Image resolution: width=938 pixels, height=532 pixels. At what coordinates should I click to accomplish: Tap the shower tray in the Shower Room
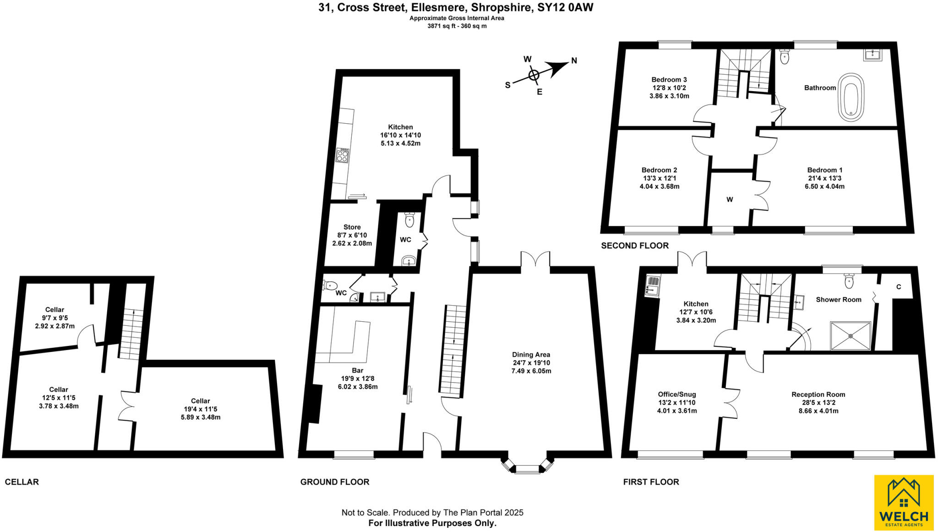(x=851, y=335)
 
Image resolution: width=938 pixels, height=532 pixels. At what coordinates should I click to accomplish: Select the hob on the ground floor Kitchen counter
(x=342, y=155)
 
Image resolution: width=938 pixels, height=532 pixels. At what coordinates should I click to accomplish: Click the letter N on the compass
(x=574, y=60)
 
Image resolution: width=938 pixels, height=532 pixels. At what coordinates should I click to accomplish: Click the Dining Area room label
(x=531, y=354)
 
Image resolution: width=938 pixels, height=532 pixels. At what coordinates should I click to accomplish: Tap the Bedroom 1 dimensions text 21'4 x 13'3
(x=824, y=178)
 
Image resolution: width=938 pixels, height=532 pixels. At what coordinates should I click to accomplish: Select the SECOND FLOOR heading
(x=634, y=246)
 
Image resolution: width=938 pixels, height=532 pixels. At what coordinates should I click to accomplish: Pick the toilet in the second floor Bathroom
(x=784, y=57)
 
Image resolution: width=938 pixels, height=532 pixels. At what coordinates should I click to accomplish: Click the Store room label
(x=352, y=227)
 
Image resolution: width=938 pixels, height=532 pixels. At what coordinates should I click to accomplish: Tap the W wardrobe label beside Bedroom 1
(x=730, y=199)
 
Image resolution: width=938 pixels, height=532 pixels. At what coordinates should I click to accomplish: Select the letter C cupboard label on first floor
(x=898, y=287)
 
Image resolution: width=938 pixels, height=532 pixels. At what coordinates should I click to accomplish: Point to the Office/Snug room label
(x=676, y=394)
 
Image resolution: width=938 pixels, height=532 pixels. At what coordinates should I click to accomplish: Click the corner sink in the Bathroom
(x=873, y=55)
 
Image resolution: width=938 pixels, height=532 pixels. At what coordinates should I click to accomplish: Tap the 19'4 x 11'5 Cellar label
(x=200, y=409)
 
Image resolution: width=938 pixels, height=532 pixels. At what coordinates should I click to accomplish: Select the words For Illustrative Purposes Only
(x=432, y=523)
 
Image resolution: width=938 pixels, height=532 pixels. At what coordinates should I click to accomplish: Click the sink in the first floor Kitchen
(x=652, y=285)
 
